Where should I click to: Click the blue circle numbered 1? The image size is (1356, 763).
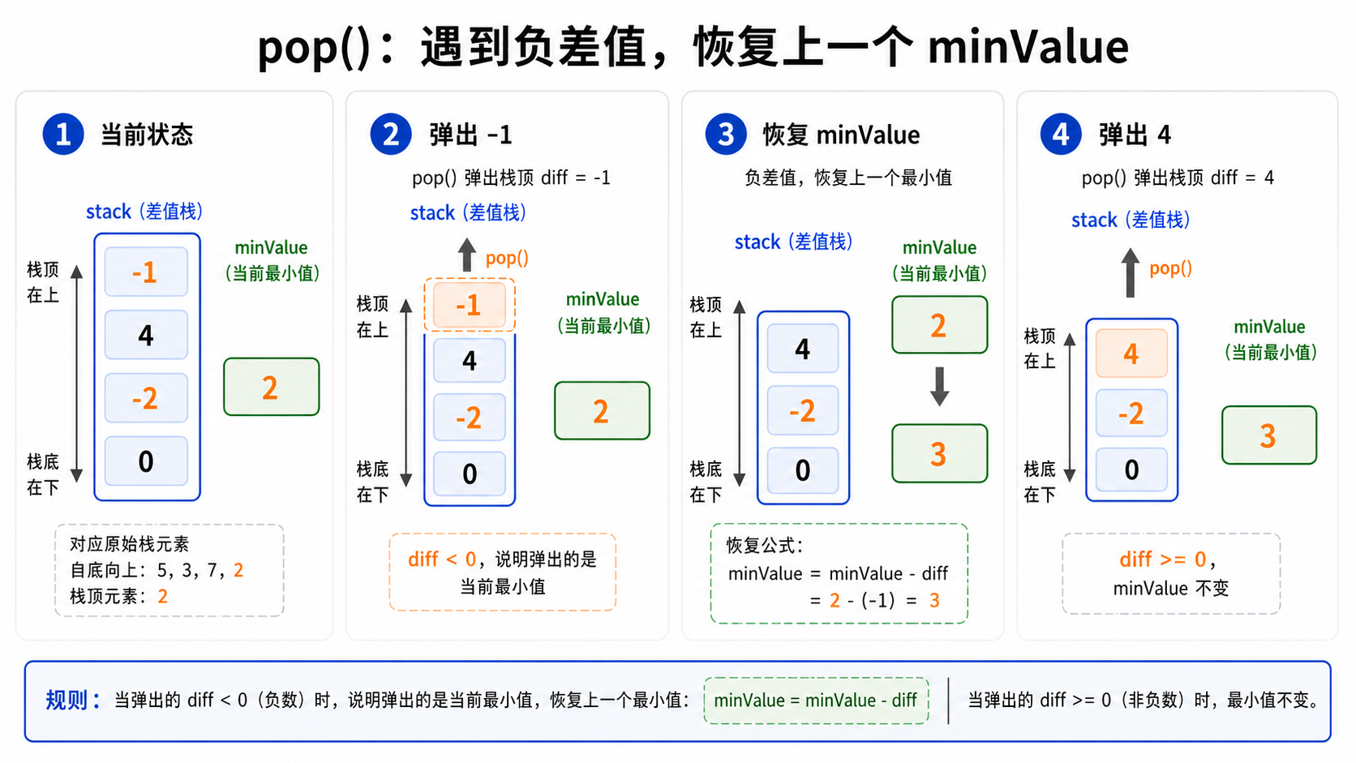tap(63, 135)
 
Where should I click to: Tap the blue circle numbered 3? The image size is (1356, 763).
tap(726, 135)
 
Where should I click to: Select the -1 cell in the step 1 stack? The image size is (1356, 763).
tap(146, 272)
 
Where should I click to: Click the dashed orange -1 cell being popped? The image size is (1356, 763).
tap(469, 305)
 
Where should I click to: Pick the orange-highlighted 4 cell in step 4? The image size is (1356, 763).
tap(1131, 353)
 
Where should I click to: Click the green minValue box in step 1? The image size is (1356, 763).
tap(271, 387)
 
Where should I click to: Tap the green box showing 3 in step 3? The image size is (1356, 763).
tap(939, 453)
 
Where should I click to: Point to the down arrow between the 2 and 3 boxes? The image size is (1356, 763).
tap(939, 386)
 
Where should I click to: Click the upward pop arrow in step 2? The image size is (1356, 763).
tap(466, 255)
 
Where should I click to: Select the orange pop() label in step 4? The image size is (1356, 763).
tap(1171, 268)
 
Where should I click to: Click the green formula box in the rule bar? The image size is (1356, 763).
tap(816, 701)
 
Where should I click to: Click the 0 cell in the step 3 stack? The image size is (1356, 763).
tap(803, 470)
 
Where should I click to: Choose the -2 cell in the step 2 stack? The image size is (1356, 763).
tap(469, 418)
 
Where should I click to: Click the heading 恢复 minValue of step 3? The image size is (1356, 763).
tap(841, 135)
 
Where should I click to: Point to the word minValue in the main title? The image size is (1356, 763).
tap(1028, 47)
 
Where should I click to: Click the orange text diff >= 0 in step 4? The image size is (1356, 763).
tap(1163, 559)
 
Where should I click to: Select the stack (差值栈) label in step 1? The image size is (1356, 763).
tap(144, 212)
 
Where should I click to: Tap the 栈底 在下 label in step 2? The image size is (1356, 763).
tap(372, 482)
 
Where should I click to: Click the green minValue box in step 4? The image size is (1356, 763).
tap(1269, 435)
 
